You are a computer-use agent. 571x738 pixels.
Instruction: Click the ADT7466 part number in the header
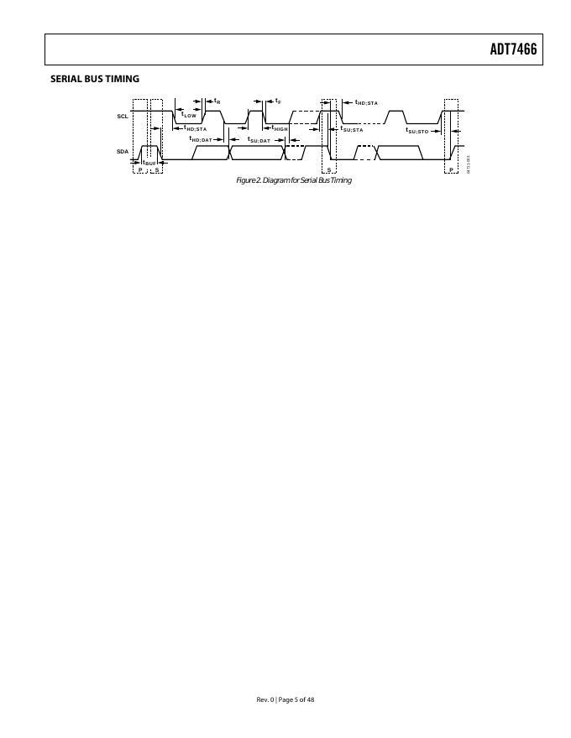[512, 50]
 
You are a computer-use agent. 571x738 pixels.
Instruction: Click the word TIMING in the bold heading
[124, 79]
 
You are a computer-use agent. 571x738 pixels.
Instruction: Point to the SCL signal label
[123, 117]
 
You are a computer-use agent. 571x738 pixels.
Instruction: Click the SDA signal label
[123, 151]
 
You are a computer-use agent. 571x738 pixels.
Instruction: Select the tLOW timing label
[189, 115]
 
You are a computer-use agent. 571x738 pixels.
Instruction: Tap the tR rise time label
[217, 101]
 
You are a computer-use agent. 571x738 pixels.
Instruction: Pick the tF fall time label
[278, 101]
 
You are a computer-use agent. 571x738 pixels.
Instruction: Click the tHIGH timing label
[280, 128]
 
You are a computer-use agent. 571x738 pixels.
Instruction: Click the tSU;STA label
[352, 129]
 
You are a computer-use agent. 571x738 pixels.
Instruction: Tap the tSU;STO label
[417, 131]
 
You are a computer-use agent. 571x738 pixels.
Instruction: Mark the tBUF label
[149, 163]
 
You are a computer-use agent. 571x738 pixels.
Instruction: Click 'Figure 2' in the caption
[249, 180]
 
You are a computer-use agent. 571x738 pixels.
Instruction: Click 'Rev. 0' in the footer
[265, 699]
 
